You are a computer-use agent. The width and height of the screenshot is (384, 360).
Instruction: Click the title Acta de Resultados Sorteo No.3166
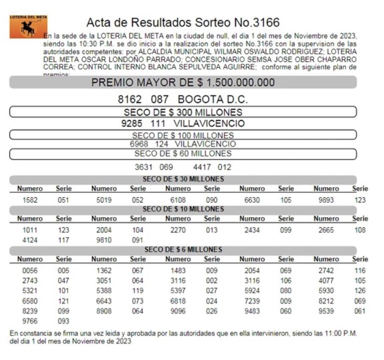[x=182, y=22]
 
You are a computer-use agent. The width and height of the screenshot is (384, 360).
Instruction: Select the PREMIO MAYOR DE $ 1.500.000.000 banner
[x=183, y=82]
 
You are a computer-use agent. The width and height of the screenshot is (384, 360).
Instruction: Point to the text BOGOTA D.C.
[x=213, y=100]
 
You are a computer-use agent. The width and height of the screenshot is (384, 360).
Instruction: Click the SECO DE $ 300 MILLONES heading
[x=183, y=112]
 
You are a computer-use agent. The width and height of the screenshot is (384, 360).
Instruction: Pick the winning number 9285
[x=131, y=124]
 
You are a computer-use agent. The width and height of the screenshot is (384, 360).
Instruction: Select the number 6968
[x=139, y=144]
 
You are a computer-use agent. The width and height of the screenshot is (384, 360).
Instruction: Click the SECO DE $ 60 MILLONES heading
[x=183, y=154]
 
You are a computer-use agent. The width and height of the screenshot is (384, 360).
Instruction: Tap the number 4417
[x=203, y=167]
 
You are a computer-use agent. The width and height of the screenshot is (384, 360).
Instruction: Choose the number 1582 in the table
[x=30, y=200]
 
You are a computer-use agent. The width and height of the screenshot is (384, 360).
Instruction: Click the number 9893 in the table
[x=326, y=200]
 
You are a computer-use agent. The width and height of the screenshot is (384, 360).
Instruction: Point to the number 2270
[x=178, y=230]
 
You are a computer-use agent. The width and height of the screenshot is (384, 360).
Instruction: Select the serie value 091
[x=137, y=240]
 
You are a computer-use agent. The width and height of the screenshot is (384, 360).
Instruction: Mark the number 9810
[x=104, y=240]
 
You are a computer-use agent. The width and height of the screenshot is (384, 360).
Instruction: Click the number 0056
[x=30, y=271]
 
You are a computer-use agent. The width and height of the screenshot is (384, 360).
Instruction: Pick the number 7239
[x=252, y=301]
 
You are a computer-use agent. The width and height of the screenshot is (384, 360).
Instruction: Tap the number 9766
[x=30, y=321]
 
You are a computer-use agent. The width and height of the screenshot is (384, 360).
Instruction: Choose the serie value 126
[x=360, y=291]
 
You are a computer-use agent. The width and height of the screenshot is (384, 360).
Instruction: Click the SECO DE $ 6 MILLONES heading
[x=183, y=250]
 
